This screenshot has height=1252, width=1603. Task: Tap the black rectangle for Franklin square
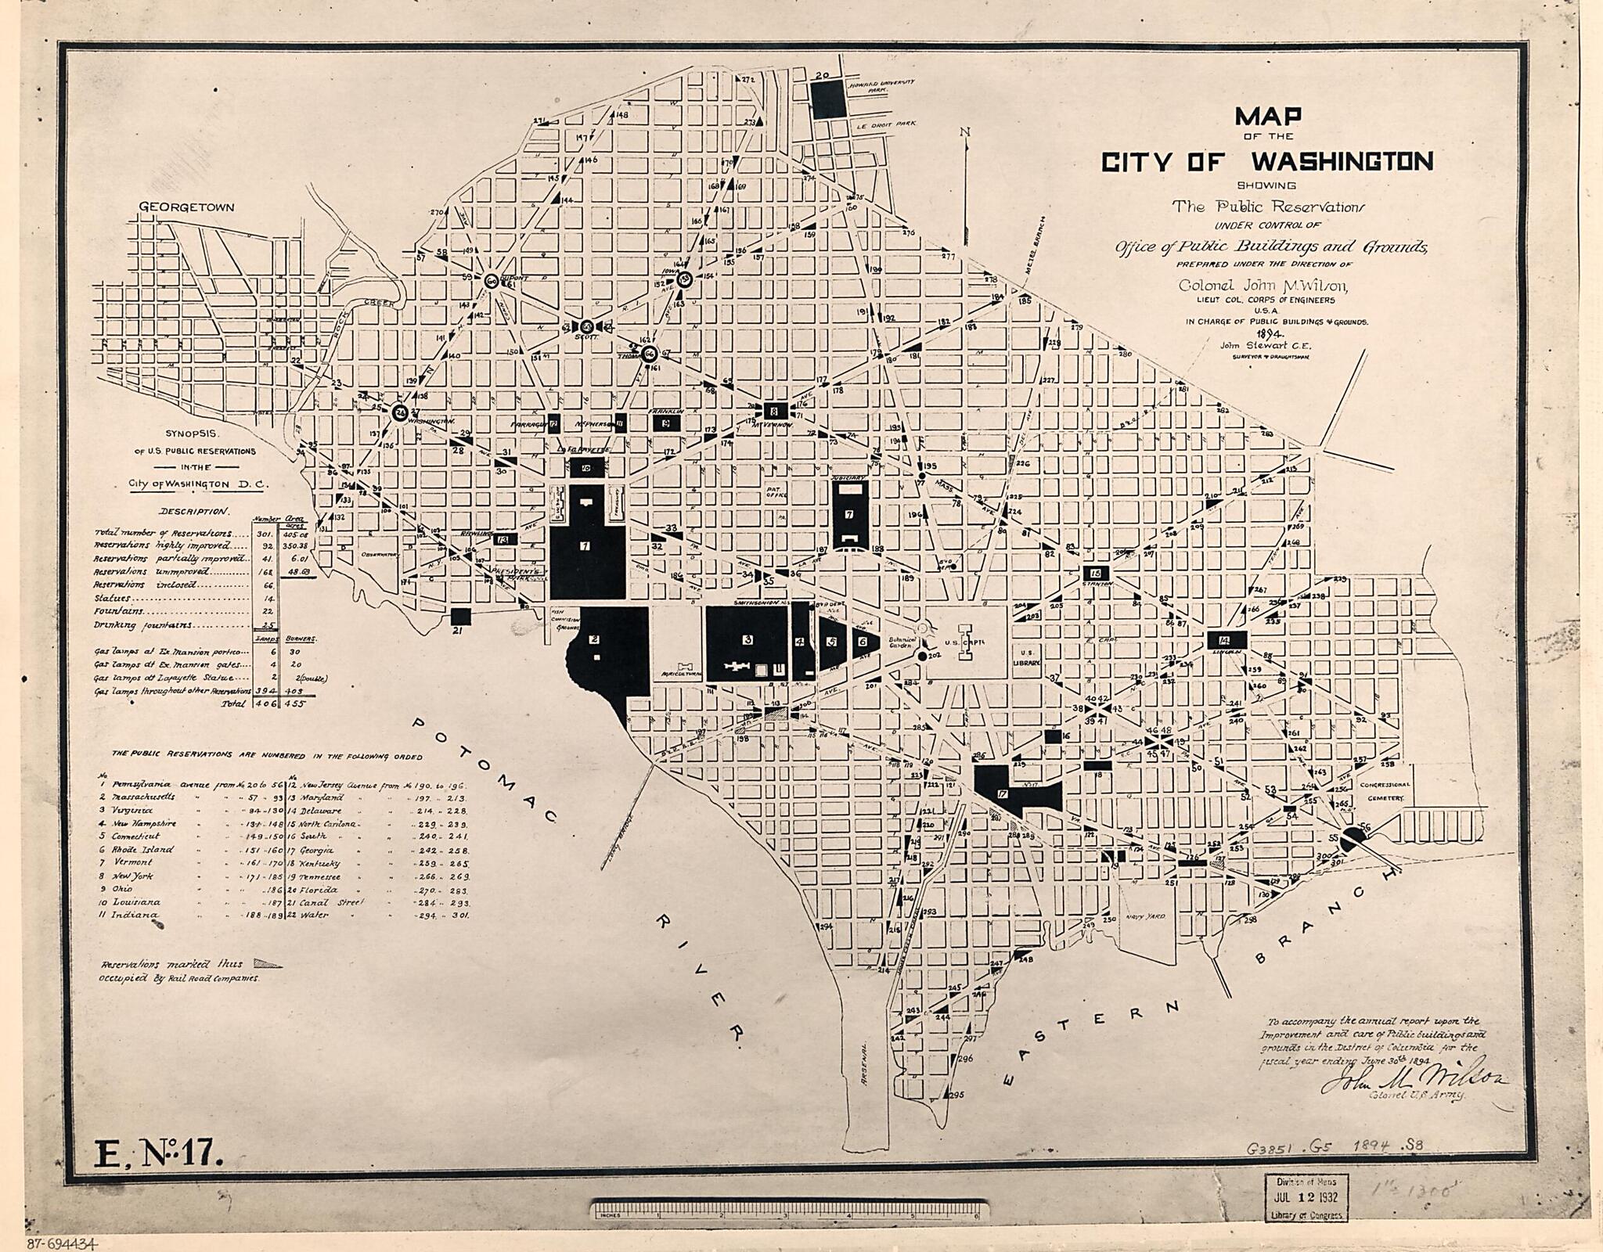665,423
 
